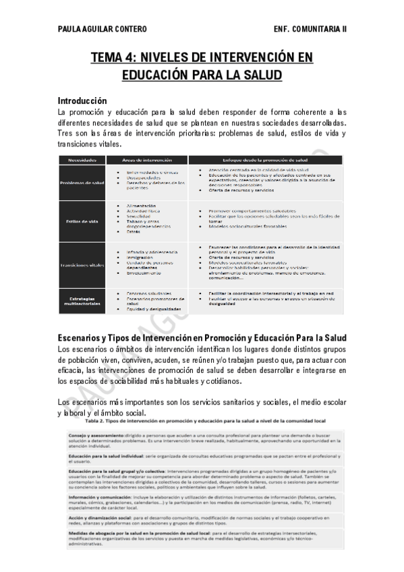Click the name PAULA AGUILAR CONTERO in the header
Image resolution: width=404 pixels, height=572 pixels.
102,29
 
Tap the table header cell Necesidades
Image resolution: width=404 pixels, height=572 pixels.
82,161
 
